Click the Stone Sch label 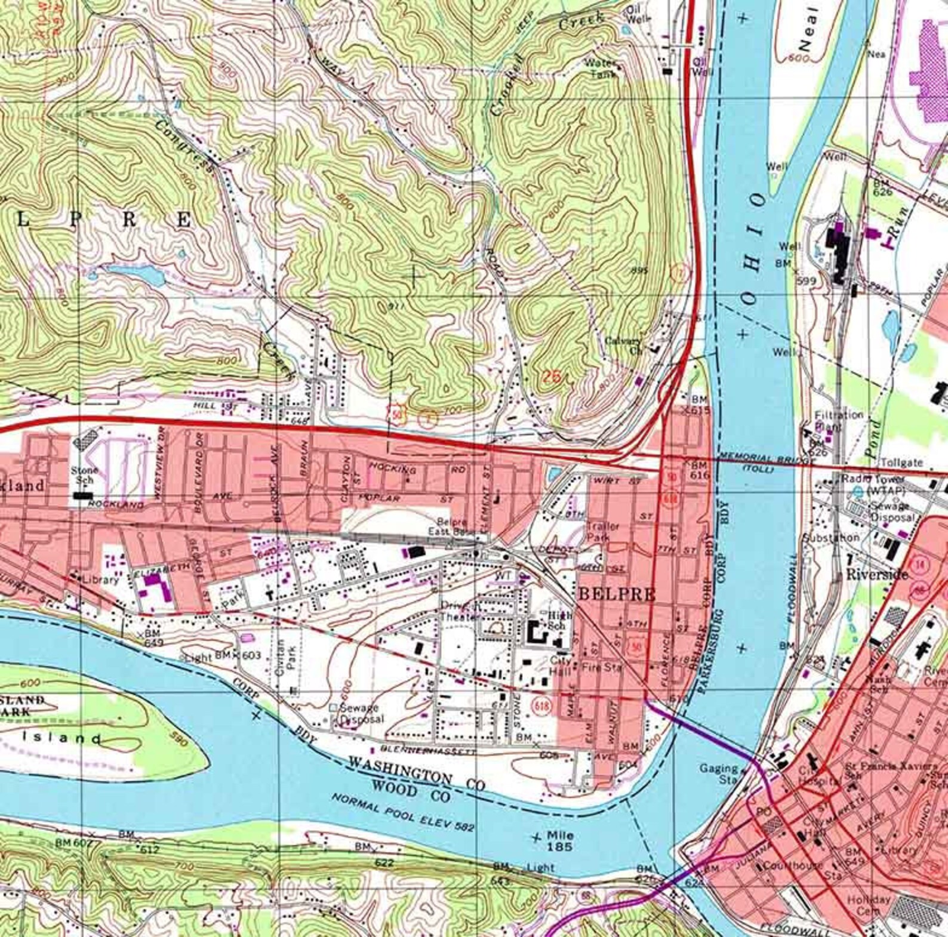pos(84,475)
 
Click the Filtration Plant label pos(839,420)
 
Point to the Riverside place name pos(877,574)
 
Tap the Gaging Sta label pos(720,773)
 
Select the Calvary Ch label pos(624,346)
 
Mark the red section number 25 pos(552,376)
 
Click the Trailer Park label pos(603,531)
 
